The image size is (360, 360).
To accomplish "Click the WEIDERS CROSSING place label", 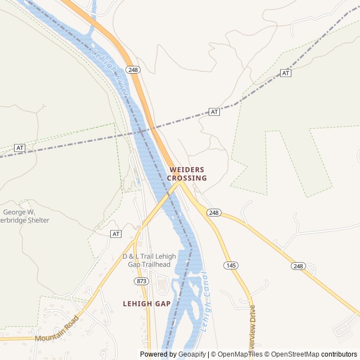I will [x=187, y=174].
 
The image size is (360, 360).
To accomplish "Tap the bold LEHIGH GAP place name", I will [x=146, y=303].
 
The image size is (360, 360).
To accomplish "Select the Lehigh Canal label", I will [x=205, y=301].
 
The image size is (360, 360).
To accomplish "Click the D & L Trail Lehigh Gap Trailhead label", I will [x=149, y=260].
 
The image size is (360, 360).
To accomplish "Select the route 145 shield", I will [x=230, y=265].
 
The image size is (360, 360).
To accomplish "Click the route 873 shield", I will [x=141, y=281].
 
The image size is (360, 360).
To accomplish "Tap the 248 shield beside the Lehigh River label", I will [x=133, y=70].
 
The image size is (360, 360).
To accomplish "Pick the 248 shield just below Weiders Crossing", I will [x=213, y=213].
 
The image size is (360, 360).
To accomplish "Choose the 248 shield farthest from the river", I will [x=298, y=266].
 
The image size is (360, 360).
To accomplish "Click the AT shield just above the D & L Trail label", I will [x=116, y=233].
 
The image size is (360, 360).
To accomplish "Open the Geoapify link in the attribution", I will [x=192, y=354].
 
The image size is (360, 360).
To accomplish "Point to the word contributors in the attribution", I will [x=339, y=354].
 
